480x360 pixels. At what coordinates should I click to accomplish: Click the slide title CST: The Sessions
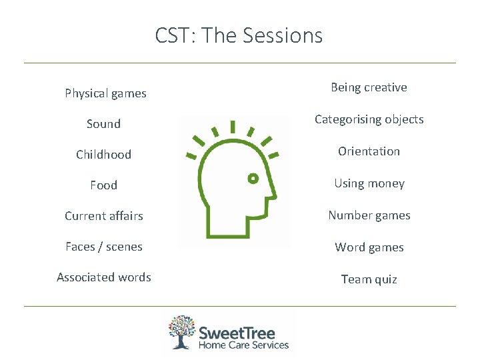point(239,35)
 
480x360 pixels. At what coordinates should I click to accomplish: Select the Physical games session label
point(105,93)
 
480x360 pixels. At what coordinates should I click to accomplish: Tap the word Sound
point(103,124)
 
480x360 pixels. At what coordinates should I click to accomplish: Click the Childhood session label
point(103,155)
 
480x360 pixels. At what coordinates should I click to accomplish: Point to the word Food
point(103,185)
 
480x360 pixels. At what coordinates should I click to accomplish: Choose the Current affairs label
point(103,216)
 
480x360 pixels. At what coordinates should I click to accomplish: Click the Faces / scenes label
point(103,247)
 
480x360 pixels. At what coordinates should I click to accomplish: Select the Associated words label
point(103,277)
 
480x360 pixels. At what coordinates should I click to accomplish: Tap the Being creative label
point(369,87)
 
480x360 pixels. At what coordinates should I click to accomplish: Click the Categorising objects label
point(369,119)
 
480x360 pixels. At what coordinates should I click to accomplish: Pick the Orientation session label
point(369,151)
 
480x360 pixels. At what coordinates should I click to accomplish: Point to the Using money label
point(369,183)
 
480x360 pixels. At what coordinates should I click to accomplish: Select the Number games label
point(369,215)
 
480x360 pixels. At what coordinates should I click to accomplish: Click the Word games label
point(369,247)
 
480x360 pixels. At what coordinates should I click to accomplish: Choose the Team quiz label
point(369,279)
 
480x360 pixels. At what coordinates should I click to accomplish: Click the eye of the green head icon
point(253,179)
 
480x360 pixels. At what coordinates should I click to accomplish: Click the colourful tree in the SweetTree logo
point(182,331)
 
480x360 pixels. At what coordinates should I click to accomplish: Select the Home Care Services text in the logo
point(243,345)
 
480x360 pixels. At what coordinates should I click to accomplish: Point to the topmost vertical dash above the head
point(232,126)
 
